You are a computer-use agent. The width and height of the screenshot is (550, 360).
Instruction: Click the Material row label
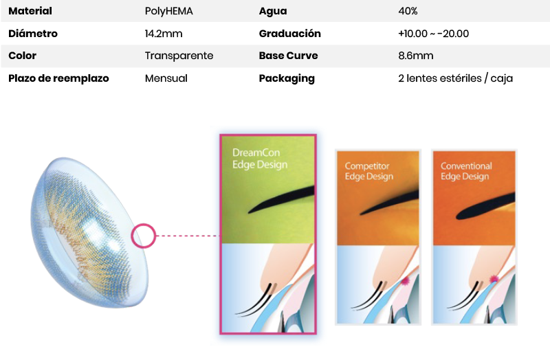pyautogui.click(x=30, y=11)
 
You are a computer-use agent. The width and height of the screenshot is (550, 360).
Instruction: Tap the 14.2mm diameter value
pyautogui.click(x=164, y=34)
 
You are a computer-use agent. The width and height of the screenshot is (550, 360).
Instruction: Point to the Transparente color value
pyautogui.click(x=179, y=56)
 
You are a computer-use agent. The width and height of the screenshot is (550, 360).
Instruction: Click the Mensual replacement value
pyautogui.click(x=166, y=78)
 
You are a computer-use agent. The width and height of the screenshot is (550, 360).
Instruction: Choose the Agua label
pyautogui.click(x=273, y=11)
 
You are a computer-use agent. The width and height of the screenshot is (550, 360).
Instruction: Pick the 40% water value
pyautogui.click(x=408, y=11)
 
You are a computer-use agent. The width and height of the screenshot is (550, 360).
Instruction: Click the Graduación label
pyautogui.click(x=290, y=34)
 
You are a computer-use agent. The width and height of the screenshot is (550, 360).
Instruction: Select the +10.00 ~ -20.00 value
pyautogui.click(x=433, y=34)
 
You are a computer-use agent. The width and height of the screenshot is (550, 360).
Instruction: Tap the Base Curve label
pyautogui.click(x=288, y=56)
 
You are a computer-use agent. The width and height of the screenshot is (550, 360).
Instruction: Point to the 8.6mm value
pyautogui.click(x=415, y=56)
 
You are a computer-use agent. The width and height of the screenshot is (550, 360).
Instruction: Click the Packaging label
pyautogui.click(x=287, y=78)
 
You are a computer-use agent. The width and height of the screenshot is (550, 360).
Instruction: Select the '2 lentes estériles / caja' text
pyautogui.click(x=455, y=78)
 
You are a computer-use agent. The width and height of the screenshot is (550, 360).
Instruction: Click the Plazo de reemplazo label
pyautogui.click(x=58, y=78)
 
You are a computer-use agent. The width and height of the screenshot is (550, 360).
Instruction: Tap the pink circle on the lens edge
pyautogui.click(x=143, y=236)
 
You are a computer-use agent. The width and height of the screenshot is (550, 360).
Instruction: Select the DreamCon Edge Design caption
pyautogui.click(x=260, y=159)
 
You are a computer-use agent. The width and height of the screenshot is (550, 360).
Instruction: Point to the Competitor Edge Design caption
pyautogui.click(x=369, y=171)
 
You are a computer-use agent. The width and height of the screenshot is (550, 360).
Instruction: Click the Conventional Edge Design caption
pyautogui.click(x=466, y=171)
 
